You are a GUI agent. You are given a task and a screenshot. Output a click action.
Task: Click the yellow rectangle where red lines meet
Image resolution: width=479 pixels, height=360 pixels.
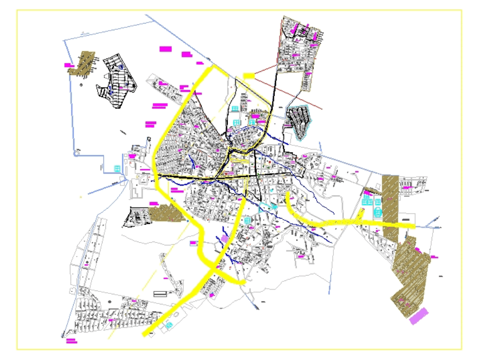pyautogui.click(x=249, y=76)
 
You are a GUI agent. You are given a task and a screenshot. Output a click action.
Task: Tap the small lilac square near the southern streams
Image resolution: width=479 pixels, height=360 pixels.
pyautogui.click(x=225, y=238)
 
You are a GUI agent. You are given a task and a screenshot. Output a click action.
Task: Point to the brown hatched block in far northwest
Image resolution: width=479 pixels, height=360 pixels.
pyautogui.click(x=82, y=63)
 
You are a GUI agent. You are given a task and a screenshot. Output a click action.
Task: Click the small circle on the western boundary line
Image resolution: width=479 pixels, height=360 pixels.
pyautogui.click(x=76, y=154)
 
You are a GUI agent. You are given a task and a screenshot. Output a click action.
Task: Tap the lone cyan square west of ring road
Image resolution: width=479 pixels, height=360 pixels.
pyautogui.click(x=117, y=169)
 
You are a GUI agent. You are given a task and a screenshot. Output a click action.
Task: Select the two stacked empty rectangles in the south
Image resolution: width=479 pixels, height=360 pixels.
pyautogui.click(x=160, y=292)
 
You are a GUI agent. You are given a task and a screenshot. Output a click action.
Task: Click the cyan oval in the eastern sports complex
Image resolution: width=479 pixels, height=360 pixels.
pyautogui.click(x=377, y=211)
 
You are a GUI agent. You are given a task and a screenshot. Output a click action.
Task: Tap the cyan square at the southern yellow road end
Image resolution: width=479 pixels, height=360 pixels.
pyautogui.click(x=169, y=325)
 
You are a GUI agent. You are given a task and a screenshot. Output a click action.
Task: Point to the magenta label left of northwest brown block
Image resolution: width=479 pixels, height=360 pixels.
pyautogui.click(x=68, y=65)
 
